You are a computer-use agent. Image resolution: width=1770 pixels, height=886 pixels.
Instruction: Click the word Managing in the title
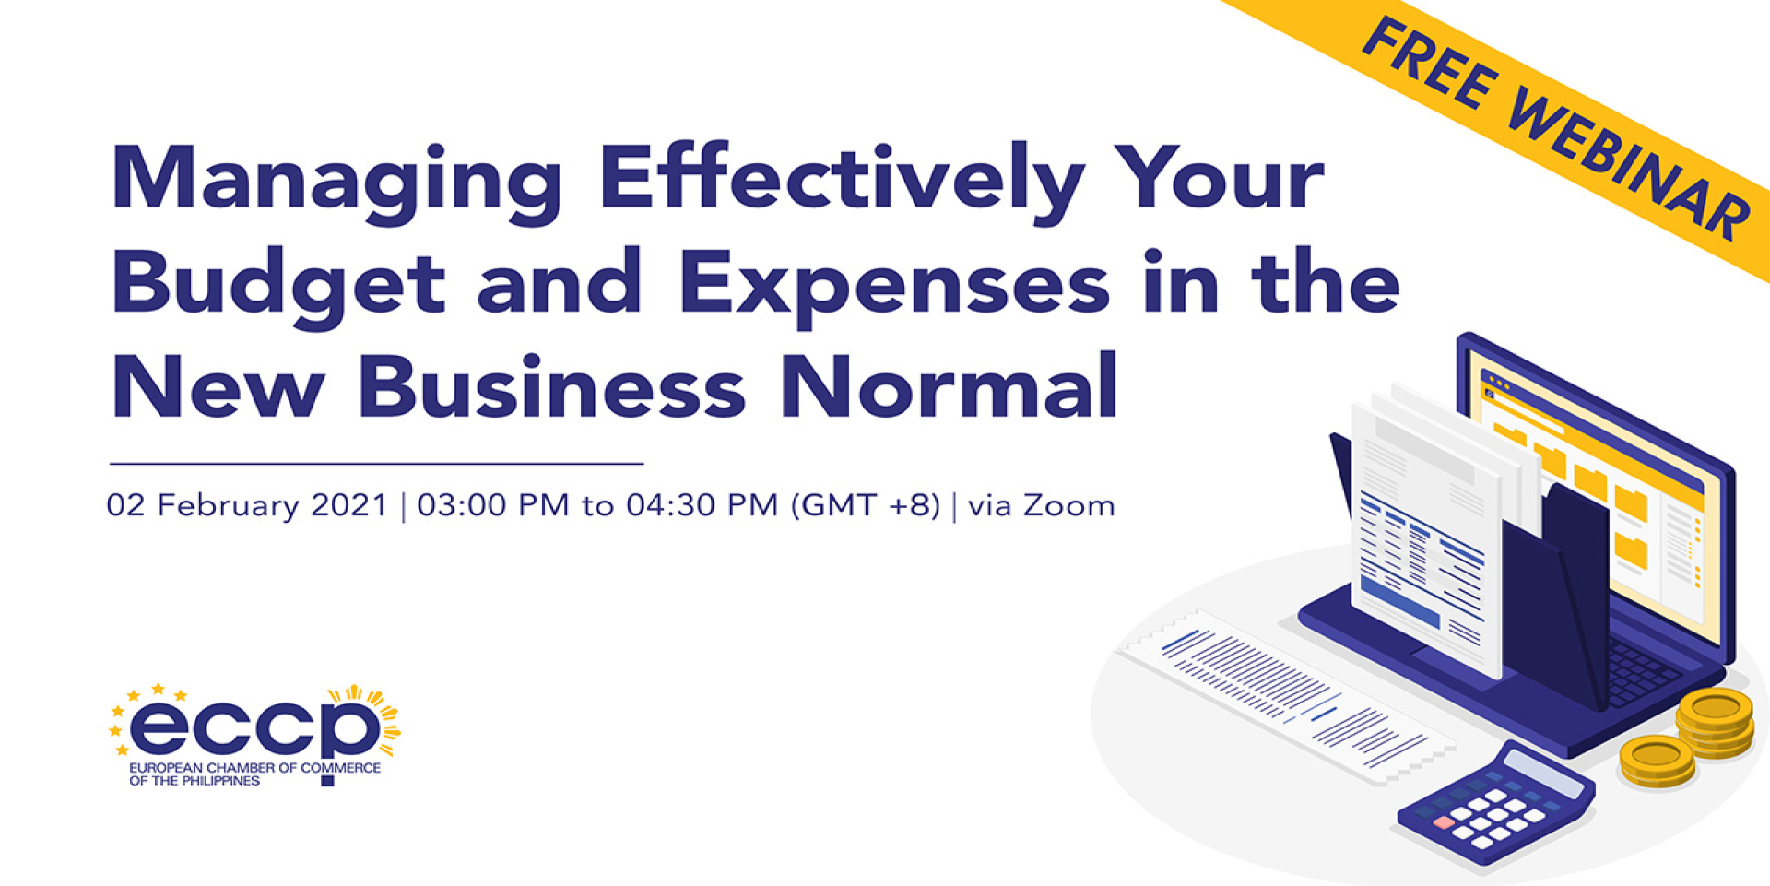coord(337,183)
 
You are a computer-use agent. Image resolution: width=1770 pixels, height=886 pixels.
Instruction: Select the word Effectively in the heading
coord(842,183)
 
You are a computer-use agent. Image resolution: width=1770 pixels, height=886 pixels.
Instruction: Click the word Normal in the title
coord(950,386)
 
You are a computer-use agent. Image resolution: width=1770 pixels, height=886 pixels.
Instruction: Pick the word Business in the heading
coord(551,386)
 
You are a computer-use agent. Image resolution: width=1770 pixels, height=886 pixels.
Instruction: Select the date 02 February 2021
coord(247,506)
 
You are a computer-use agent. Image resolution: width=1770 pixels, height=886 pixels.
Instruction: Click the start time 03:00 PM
coord(493,505)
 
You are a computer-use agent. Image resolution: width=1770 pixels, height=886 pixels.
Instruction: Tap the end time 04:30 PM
coord(702,505)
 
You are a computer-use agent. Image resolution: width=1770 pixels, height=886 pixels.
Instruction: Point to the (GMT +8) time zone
coord(866,505)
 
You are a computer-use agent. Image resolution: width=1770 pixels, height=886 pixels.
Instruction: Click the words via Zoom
coord(1041,505)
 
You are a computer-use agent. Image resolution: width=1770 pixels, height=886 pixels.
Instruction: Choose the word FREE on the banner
coord(1432,65)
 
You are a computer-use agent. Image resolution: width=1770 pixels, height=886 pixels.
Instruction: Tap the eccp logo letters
coord(254,727)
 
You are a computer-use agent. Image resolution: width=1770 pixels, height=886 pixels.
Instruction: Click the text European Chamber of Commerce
coord(254,767)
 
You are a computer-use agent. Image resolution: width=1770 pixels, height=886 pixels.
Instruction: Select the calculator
coord(1495,802)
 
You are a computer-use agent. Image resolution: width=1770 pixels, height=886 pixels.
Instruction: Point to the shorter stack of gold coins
coord(1657,762)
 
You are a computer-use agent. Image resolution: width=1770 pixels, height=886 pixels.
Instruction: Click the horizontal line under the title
coord(376,463)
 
